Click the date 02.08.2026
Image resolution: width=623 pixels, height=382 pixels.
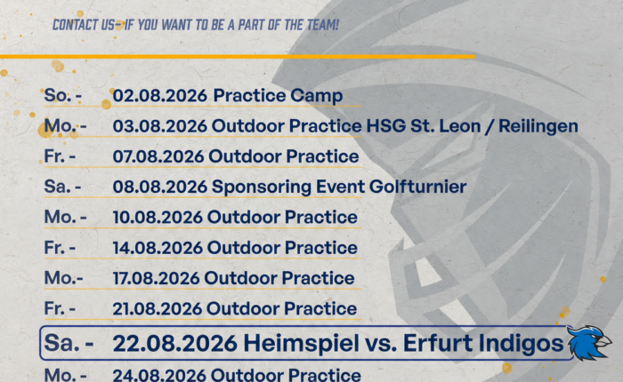(159, 96)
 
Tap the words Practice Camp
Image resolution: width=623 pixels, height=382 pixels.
(278, 97)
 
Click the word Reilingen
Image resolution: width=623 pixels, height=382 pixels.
(538, 126)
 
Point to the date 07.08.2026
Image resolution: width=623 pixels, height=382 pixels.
(158, 156)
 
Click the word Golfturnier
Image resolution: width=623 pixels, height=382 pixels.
(418, 187)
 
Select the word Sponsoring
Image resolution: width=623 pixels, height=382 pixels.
(262, 187)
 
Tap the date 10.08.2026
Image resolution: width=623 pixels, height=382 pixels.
(158, 218)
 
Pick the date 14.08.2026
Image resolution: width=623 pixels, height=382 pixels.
(158, 248)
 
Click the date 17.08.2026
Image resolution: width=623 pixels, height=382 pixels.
(156, 278)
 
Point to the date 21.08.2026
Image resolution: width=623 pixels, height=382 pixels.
(158, 308)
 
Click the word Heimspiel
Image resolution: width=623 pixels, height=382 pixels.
(301, 344)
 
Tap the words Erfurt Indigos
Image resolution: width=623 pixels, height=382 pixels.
(483, 344)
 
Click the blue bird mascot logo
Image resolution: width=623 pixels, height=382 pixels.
(589, 342)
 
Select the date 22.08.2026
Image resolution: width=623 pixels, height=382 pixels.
(174, 343)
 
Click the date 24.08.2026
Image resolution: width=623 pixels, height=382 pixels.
(159, 375)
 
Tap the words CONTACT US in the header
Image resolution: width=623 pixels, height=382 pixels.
(84, 25)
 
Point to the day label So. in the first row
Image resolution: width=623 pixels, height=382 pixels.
(58, 96)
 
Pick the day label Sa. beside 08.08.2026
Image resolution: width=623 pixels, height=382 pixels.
(58, 187)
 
